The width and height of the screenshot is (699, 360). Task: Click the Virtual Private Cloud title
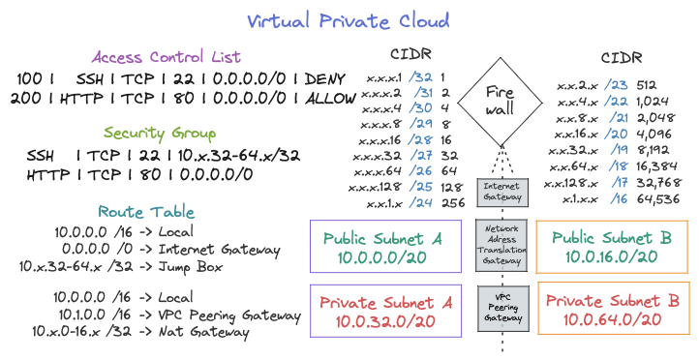[348, 19]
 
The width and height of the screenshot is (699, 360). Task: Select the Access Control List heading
[166, 56]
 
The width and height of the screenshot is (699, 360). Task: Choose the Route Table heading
[145, 211]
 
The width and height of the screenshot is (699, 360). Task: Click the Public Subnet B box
[611, 247]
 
